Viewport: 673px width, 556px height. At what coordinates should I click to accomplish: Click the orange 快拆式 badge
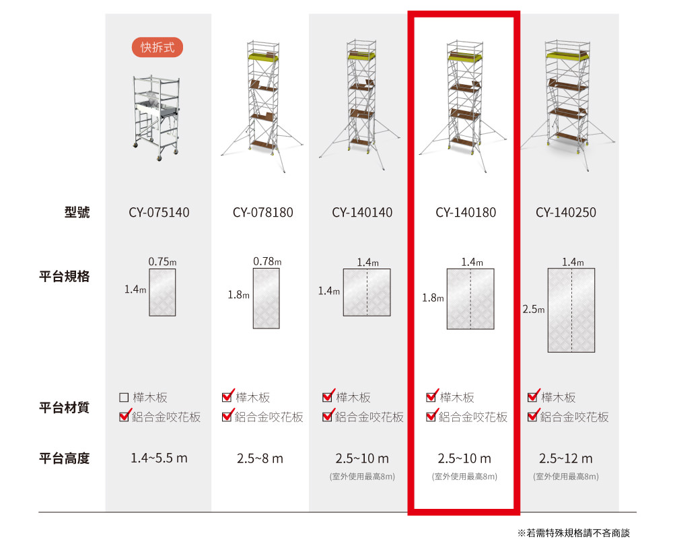coord(157,47)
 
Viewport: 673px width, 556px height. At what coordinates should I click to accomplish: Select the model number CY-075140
coord(159,212)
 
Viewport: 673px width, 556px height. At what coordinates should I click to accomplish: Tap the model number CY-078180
coord(262,212)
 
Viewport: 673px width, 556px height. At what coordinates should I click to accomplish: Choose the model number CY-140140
coord(362,212)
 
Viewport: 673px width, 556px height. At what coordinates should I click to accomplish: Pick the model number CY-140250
coord(566,212)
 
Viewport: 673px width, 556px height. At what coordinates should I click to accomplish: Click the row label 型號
coord(77,212)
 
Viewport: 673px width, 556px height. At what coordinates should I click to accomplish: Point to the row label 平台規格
coord(65,276)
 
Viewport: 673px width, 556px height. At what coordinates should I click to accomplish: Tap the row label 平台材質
coord(65,407)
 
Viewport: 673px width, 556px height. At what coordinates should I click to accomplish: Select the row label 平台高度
coord(65,458)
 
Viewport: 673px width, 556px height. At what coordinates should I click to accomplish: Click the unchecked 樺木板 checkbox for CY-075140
coord(124,398)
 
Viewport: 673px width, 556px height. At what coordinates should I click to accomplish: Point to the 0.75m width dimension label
coord(162,261)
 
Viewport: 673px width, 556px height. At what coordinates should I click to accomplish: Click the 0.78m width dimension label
coord(267,261)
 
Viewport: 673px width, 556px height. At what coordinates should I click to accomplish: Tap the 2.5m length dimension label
coord(534,309)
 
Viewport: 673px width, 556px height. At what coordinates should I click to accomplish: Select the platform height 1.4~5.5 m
coord(159,458)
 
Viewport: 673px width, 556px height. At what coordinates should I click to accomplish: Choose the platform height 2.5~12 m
coord(566,458)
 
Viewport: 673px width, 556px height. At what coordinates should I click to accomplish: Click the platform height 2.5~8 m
coord(260,458)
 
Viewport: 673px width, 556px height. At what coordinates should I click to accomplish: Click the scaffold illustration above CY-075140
coord(156,118)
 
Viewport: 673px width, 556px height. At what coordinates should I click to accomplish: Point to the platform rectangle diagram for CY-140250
coord(571,310)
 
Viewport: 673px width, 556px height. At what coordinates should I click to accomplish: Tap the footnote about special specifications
coord(573,533)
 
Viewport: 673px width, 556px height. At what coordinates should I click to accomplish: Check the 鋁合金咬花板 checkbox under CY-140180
coord(431,416)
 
